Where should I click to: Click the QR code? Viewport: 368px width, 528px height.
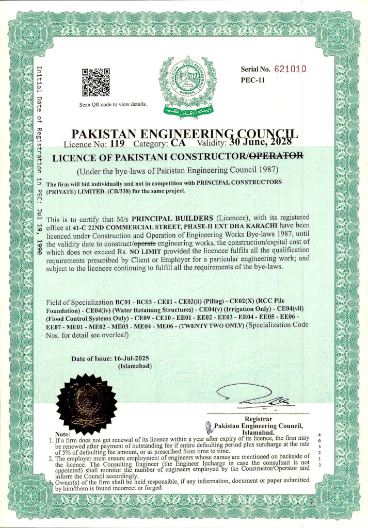tap(95, 82)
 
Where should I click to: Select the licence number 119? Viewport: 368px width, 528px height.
tap(118, 144)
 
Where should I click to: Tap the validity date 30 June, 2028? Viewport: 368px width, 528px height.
tap(263, 143)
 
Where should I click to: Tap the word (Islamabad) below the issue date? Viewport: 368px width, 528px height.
tap(135, 366)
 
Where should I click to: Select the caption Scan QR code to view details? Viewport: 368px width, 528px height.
tap(113, 104)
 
